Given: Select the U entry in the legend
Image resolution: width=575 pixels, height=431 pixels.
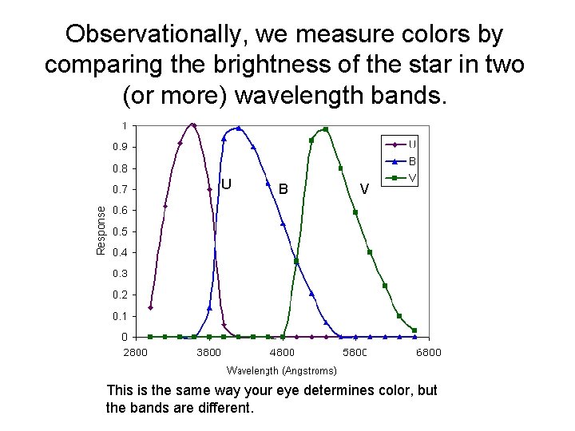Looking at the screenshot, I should pyautogui.click(x=411, y=144).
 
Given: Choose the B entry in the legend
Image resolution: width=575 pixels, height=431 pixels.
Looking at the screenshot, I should pyautogui.click(x=411, y=160).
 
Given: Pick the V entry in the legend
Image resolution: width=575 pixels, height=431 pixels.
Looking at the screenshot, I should pyautogui.click(x=411, y=177).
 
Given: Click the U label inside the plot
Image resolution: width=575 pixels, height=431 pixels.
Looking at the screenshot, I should pyautogui.click(x=226, y=184).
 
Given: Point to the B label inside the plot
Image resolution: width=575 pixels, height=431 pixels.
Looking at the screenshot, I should pyautogui.click(x=284, y=189).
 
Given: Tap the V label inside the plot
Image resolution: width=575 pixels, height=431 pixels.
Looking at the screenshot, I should pyautogui.click(x=364, y=189).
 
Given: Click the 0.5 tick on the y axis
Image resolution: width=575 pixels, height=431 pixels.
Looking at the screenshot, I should pyautogui.click(x=117, y=231).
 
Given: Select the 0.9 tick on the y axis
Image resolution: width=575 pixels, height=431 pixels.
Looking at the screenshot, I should pyautogui.click(x=117, y=147).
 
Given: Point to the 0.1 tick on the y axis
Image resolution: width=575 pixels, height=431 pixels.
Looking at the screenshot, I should pyautogui.click(x=117, y=316).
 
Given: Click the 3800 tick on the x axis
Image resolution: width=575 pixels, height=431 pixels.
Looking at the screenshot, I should pyautogui.click(x=208, y=353).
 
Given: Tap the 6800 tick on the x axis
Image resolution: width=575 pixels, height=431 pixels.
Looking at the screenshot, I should pyautogui.click(x=428, y=353).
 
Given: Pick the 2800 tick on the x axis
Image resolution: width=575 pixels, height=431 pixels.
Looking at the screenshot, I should pyautogui.click(x=135, y=353).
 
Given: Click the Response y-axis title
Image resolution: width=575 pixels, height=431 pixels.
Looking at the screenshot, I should pyautogui.click(x=101, y=230).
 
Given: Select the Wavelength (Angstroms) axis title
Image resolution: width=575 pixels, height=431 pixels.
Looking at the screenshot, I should pyautogui.click(x=281, y=370).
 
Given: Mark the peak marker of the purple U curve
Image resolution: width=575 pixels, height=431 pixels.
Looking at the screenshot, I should pyautogui.click(x=193, y=125).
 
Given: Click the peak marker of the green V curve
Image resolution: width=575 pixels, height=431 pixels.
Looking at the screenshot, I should pyautogui.click(x=325, y=129).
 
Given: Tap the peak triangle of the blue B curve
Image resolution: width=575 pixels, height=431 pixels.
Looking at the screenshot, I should pyautogui.click(x=238, y=128).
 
